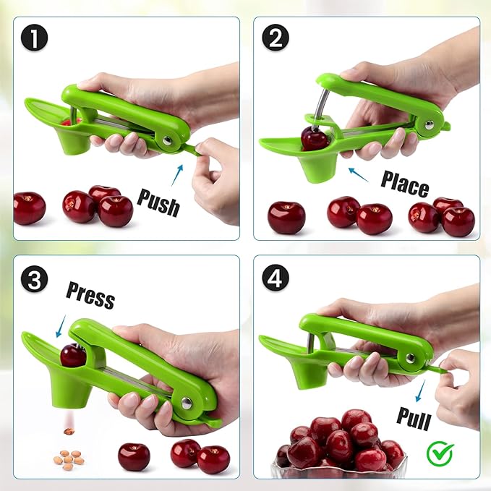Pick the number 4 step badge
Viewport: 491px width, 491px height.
pos(275,278)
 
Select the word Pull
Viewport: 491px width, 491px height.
pos(414,418)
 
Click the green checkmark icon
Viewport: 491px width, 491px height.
pos(439,453)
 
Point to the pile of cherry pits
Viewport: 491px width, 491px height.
pos(67,458)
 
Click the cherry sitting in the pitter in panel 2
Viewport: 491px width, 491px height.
pos(314,137)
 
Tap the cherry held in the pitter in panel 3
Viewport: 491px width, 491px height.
pos(72,355)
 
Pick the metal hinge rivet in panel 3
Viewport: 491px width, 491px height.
pos(187,404)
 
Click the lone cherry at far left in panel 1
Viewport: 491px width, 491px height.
pos(29,208)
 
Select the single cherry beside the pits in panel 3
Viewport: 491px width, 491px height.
pos(134,456)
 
